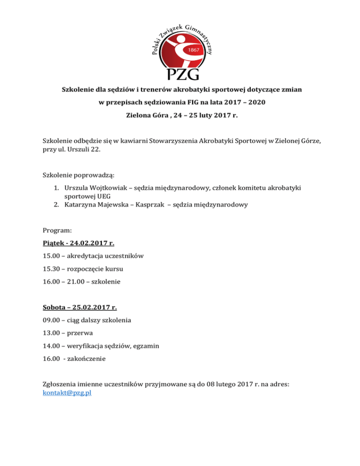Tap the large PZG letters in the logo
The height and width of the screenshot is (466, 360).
click(180, 73)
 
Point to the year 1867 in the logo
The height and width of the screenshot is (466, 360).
click(194, 49)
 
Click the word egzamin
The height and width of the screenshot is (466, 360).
click(145, 346)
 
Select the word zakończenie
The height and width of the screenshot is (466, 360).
click(87, 359)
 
